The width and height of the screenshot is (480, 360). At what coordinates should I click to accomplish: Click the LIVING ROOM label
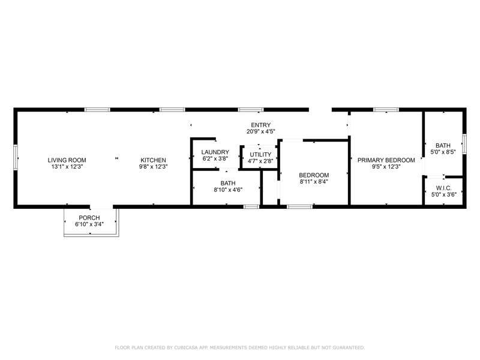coord(67,160)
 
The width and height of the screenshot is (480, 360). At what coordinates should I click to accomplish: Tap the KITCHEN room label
coord(153,160)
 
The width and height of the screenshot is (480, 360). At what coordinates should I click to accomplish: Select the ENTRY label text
coord(261,125)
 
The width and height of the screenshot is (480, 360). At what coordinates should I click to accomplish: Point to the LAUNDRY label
coord(215,152)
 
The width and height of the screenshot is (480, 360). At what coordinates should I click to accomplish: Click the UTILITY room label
coord(260,155)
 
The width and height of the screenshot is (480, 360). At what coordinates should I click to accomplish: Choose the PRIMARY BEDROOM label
coord(386,160)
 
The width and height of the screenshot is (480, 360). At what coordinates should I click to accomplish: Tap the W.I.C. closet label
coord(443,188)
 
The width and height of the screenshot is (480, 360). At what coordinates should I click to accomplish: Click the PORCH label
coord(89,218)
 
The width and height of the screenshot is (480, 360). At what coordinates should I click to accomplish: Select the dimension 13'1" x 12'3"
coord(67,167)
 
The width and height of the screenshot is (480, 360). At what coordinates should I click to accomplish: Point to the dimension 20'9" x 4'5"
coord(261,131)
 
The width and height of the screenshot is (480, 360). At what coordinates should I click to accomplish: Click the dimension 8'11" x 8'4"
coord(314,182)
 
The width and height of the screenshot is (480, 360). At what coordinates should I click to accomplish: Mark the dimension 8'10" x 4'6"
coord(228,190)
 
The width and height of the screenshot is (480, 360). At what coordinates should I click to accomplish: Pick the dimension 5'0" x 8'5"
coord(443,152)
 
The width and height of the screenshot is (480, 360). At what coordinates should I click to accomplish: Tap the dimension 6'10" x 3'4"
coord(89,224)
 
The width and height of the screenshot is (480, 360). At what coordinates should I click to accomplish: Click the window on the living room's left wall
coord(16,157)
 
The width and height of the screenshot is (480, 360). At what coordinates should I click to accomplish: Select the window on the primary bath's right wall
coord(464,143)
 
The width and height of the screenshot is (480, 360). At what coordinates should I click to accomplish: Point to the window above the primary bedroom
coord(386,110)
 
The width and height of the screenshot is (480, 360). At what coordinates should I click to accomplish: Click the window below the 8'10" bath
coord(251,206)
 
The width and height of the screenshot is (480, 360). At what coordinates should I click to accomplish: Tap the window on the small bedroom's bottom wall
coord(299,206)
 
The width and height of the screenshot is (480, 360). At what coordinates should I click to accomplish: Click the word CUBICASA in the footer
coord(187,347)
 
